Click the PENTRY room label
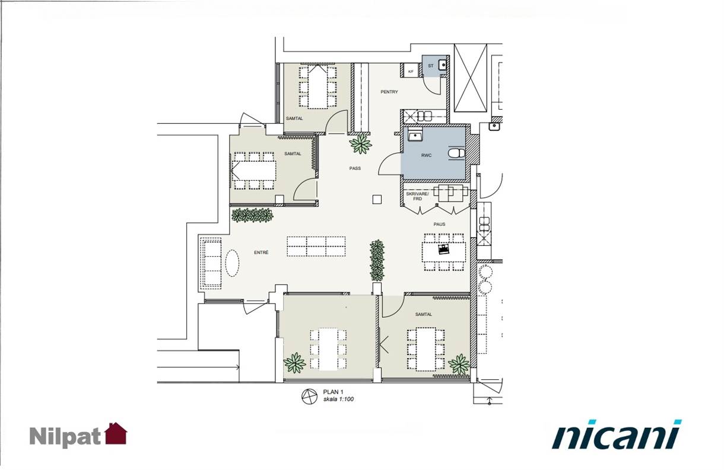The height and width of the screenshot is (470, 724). tap(389, 92)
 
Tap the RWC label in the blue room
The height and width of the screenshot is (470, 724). tap(426, 155)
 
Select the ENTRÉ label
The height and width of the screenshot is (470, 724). tap(261, 252)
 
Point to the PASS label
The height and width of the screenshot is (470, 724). tap(355, 168)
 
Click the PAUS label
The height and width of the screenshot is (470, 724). tap(439, 224)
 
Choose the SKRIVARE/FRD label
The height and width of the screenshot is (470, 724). tap(417, 196)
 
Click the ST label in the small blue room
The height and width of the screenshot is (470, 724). tap(430, 66)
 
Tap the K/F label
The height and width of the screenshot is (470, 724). tap(411, 72)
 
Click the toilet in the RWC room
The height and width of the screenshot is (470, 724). tap(456, 153)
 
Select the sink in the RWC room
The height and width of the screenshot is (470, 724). tap(415, 135)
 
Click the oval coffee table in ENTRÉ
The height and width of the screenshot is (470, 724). tap(232, 263)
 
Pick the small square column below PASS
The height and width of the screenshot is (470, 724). tap(377, 200)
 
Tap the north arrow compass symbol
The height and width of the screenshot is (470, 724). tap(309, 397)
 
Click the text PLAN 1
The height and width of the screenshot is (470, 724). tap(331, 392)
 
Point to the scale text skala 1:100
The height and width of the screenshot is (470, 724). tap(338, 399)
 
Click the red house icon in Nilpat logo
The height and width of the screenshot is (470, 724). tap(116, 433)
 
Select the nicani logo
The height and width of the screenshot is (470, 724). tap(617, 434)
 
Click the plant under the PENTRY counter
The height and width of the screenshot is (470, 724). tap(361, 144)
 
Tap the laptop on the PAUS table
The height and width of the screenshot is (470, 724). tap(443, 249)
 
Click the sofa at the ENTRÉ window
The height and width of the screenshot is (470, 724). tap(210, 263)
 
